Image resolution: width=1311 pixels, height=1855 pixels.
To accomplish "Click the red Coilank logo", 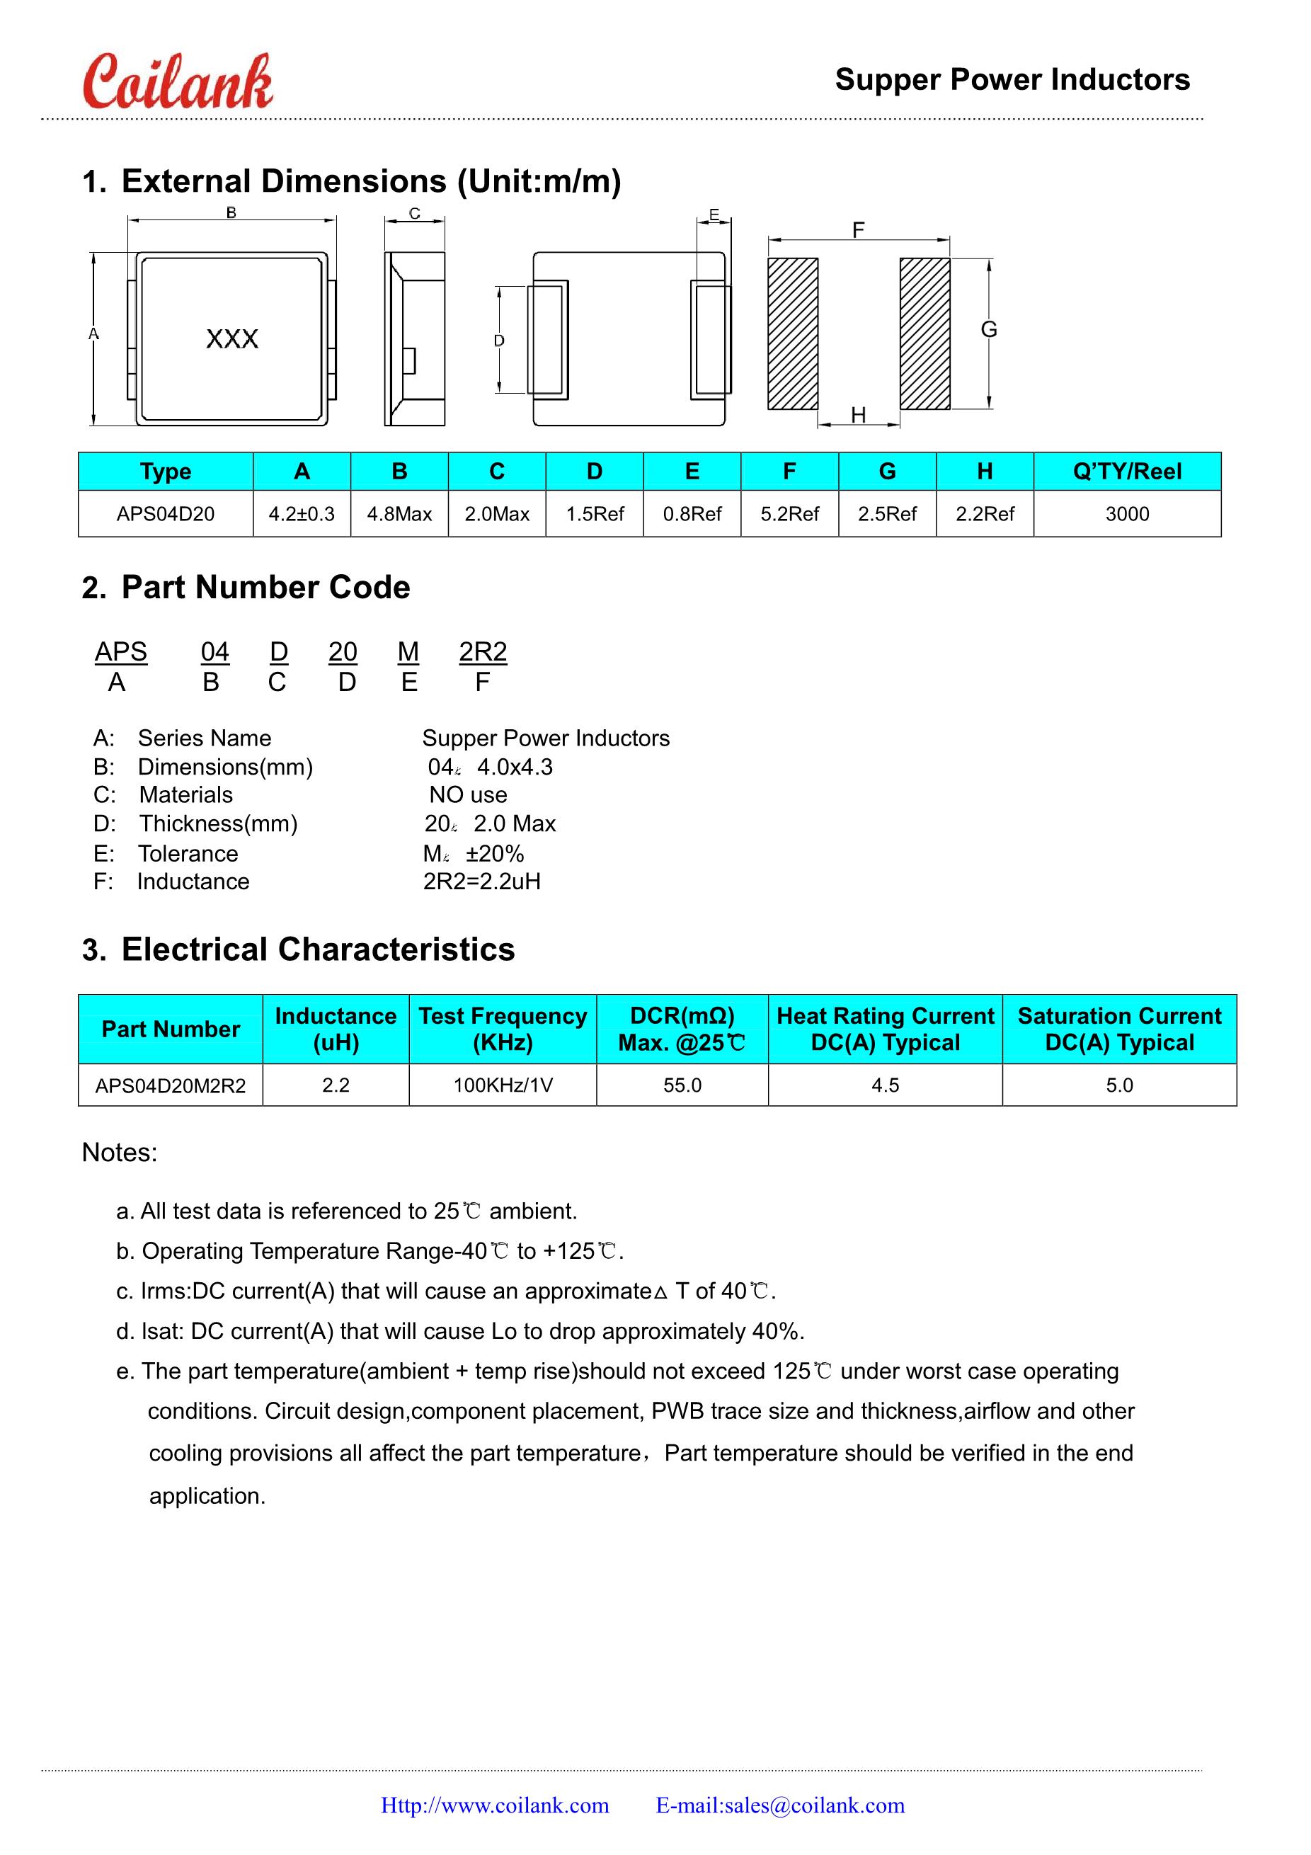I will pos(178,82).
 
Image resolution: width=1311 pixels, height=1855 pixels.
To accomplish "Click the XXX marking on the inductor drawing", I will pos(231,338).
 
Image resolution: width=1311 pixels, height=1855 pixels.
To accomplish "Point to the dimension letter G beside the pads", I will pos(989,329).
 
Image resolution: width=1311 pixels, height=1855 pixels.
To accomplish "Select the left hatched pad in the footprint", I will pos(792,333).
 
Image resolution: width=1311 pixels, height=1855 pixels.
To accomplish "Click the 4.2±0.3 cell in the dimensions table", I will pos(302,514).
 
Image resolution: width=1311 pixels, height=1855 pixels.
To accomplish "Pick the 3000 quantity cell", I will pos(1127,514).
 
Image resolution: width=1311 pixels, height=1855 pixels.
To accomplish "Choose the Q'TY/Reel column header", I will pos(1127,471).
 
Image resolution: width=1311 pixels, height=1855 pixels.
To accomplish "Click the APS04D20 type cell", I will pos(166,514).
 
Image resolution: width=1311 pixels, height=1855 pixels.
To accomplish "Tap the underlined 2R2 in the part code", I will pos(482,651).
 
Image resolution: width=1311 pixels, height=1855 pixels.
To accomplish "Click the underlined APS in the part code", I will pos(121,651).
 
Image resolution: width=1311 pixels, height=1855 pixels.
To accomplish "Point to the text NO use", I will pos(468,795).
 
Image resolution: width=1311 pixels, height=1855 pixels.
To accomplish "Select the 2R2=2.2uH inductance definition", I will pos(481,881).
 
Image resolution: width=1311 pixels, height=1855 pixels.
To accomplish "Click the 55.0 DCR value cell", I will pos(682,1085).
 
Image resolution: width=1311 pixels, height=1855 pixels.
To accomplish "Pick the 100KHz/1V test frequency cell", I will pos(503,1085).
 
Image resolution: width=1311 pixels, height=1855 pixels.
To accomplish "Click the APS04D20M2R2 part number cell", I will pos(171,1085).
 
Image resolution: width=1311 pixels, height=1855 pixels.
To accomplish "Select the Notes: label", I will pos(120,1152).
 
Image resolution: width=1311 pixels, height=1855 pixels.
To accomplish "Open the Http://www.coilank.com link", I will pos(495,1805).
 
